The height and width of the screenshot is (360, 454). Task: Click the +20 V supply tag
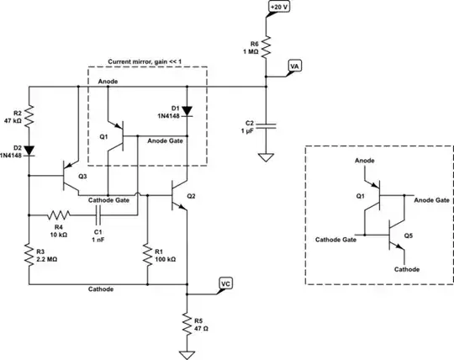[278, 8]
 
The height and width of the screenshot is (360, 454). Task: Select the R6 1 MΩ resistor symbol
[267, 47]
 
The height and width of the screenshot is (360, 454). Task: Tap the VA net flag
[295, 66]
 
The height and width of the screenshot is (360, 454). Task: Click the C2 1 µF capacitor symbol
[267, 125]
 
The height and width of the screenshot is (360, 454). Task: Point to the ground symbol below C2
[267, 156]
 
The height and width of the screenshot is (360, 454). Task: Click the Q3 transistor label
[82, 177]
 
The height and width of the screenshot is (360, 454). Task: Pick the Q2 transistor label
[191, 195]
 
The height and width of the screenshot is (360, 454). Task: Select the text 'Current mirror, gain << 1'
[147, 62]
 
